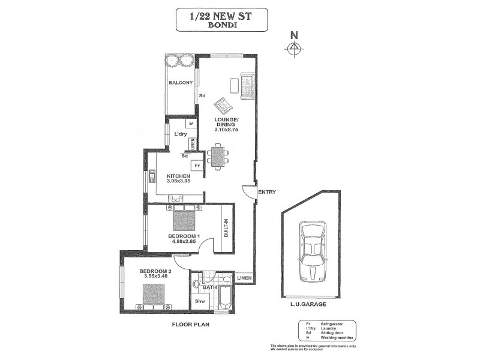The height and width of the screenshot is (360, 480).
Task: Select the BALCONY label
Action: [x=180, y=83]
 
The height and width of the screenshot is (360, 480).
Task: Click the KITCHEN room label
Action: [x=178, y=176]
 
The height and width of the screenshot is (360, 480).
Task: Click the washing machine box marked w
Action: [x=190, y=124]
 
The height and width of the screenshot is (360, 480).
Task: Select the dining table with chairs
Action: [x=218, y=156]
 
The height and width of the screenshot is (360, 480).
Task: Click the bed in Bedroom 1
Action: [x=184, y=219]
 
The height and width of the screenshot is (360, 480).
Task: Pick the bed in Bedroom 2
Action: [x=154, y=295]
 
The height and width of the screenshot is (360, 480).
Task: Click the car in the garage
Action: [x=311, y=251]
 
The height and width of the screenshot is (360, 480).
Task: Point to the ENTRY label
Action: [x=266, y=192]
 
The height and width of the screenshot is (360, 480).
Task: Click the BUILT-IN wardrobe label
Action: [x=227, y=229]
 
